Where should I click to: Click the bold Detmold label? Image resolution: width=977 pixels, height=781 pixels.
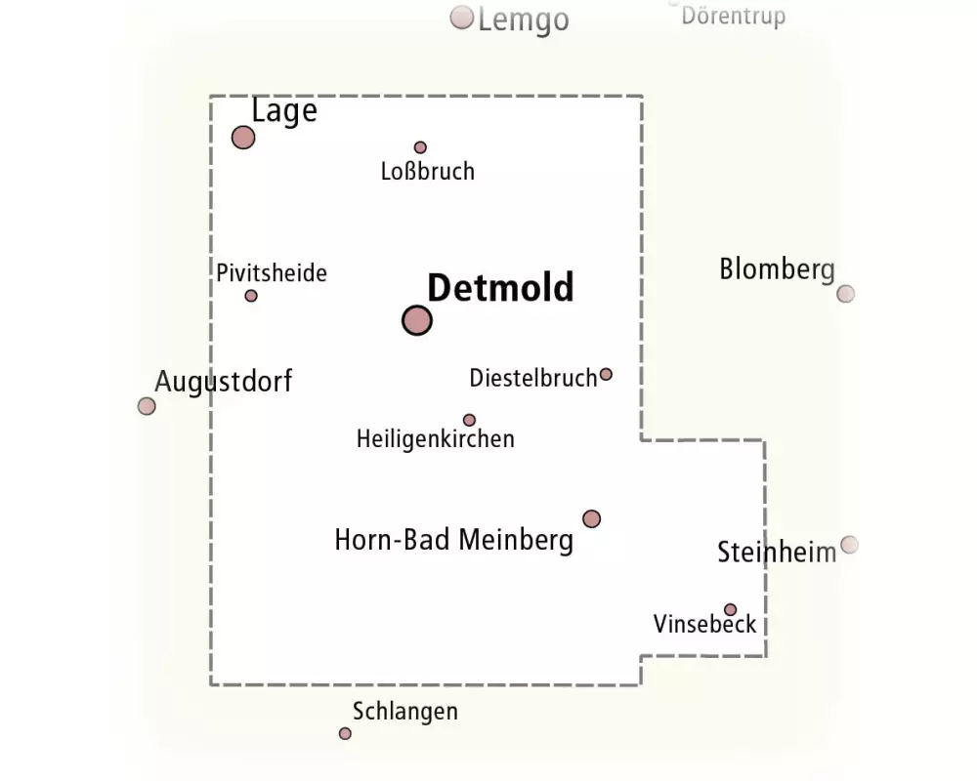[x=500, y=288]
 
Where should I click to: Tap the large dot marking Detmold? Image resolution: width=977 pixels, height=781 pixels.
[x=417, y=321]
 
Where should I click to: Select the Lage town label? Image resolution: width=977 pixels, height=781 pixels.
[x=284, y=112]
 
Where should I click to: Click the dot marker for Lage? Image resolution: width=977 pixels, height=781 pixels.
[x=243, y=138]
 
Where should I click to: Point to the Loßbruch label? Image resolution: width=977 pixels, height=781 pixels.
[x=428, y=171]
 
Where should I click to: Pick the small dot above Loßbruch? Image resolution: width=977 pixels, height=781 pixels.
[x=420, y=147]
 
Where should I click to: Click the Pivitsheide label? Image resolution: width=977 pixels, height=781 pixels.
[x=271, y=272]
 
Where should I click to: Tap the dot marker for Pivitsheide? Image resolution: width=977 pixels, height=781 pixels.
[x=251, y=296]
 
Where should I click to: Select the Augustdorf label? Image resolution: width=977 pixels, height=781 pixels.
[x=223, y=381]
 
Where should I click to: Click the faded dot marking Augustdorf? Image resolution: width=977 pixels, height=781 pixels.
[x=147, y=406]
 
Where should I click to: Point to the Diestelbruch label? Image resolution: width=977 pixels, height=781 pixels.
[x=532, y=378]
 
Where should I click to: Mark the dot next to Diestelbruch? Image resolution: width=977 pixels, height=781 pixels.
[x=606, y=374]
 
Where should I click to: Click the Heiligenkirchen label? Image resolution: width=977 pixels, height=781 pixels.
[x=436, y=439]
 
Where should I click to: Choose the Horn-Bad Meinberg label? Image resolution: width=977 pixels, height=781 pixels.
[x=453, y=540]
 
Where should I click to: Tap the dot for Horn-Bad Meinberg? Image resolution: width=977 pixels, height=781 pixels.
[x=591, y=518]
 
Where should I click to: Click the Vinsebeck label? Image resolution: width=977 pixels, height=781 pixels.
[x=704, y=624]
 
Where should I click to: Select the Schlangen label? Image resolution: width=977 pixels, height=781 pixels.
[x=405, y=712]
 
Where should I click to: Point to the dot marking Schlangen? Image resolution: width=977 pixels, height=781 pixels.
[x=345, y=734]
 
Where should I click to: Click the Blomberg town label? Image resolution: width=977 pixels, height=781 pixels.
[x=777, y=269]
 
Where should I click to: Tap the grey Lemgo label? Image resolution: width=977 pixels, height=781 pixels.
[x=524, y=21]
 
